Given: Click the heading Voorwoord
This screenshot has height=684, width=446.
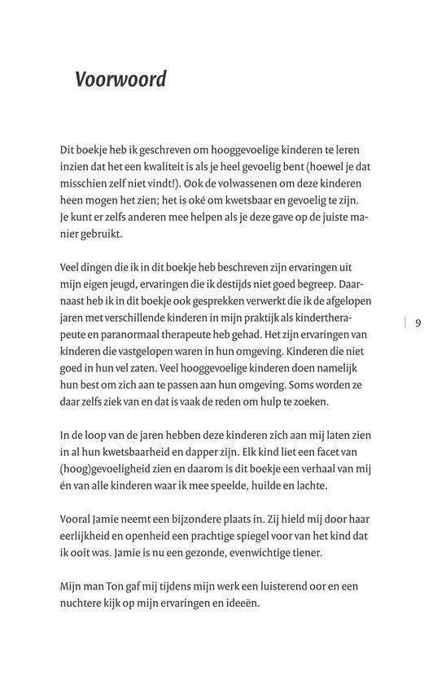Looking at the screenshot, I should point(120,80).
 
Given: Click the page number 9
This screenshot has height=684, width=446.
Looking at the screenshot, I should point(418,323).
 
